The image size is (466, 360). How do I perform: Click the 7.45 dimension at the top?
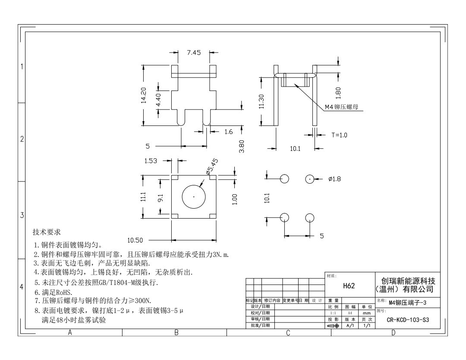coord(194,53)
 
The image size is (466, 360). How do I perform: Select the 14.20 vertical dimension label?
coord(144,96)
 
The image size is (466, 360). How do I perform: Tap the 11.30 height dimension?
coord(261,102)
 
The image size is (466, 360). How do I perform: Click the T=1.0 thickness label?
coord(339,135)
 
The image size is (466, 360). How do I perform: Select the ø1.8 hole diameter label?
coord(334,179)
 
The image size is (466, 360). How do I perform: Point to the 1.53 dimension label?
coord(151,161)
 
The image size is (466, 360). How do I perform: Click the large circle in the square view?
coord(194,197)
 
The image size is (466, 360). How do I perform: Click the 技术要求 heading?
coord(47,232)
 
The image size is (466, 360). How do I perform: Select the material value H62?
coord(349,285)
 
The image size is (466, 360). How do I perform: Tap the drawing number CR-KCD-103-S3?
coord(408,320)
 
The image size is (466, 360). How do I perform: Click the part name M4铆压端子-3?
coord(408,303)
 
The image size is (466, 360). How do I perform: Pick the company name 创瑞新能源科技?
coord(408,281)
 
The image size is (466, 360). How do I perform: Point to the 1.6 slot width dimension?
coord(228,131)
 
